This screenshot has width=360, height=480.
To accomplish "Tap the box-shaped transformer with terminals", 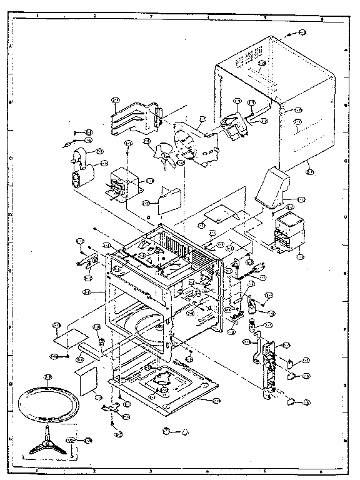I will click(x=119, y=183).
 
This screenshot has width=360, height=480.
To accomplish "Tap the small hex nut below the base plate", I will click(x=166, y=431).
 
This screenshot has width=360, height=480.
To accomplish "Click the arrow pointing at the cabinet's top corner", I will click(x=291, y=35).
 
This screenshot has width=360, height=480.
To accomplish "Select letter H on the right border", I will click(x=347, y=439).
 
